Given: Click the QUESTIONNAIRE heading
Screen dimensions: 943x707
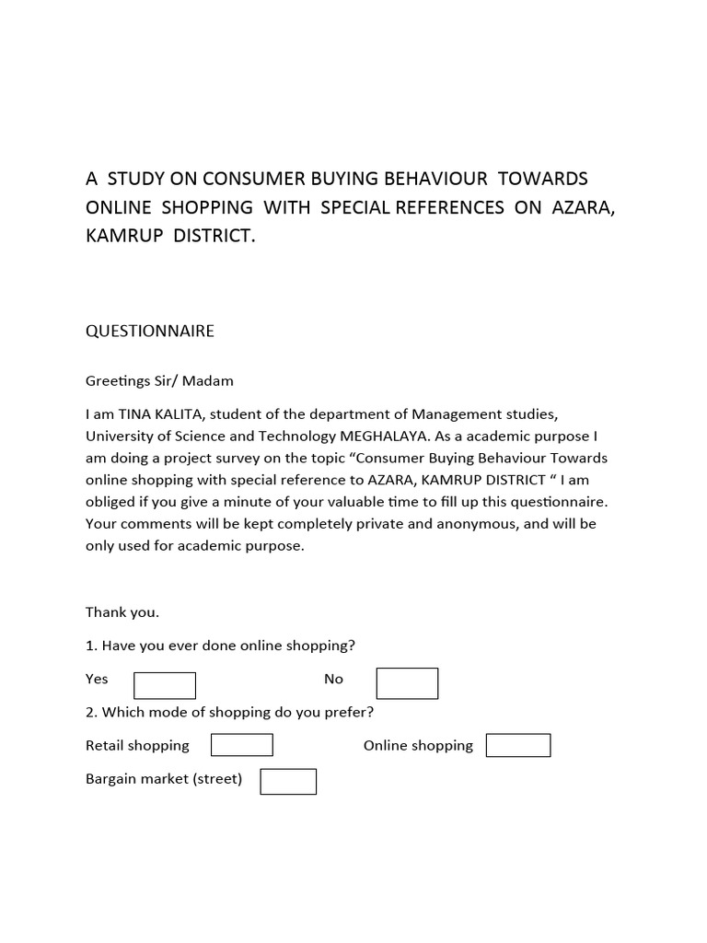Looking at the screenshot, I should click(150, 331).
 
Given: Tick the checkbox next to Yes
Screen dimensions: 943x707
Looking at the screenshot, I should click(165, 685).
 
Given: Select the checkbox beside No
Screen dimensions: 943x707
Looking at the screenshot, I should click(407, 683).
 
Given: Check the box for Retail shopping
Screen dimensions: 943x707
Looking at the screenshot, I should click(242, 745).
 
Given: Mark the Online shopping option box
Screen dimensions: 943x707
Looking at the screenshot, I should click(518, 745).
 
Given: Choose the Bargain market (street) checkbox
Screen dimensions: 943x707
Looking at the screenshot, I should click(288, 781).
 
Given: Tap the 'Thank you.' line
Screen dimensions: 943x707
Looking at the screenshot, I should click(122, 612).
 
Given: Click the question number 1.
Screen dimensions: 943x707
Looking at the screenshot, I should click(90, 646).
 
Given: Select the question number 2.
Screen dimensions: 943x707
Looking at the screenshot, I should click(90, 712).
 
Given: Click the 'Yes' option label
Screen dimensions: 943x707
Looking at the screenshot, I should click(97, 679).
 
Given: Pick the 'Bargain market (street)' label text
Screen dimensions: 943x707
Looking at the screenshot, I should click(164, 779).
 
